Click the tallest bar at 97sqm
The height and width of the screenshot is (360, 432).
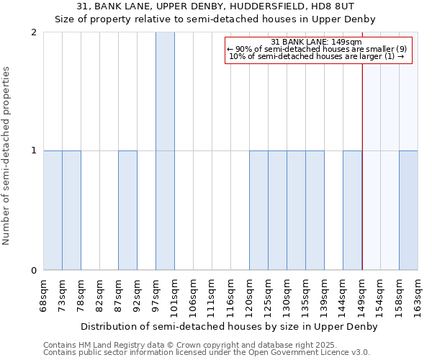165,151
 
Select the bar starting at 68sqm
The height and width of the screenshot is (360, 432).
53,210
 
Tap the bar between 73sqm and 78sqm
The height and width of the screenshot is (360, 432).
71,210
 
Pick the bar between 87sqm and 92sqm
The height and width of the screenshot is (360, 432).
127,210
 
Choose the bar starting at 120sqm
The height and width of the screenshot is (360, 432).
258,210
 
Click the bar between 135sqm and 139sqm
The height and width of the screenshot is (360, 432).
315,210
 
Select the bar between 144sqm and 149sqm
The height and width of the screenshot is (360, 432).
352,210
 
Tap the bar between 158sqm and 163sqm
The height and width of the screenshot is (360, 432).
408,210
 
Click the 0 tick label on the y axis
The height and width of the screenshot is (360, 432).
34,271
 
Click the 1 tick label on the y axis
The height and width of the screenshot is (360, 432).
34,151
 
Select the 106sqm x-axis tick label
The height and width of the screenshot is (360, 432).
193,296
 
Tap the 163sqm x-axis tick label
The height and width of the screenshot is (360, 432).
418,296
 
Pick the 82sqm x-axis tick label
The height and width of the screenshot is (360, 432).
99,294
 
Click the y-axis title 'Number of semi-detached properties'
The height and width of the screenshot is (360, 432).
7,156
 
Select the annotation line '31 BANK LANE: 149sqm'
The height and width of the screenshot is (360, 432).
317,42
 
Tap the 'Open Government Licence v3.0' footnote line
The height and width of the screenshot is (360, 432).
207,353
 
